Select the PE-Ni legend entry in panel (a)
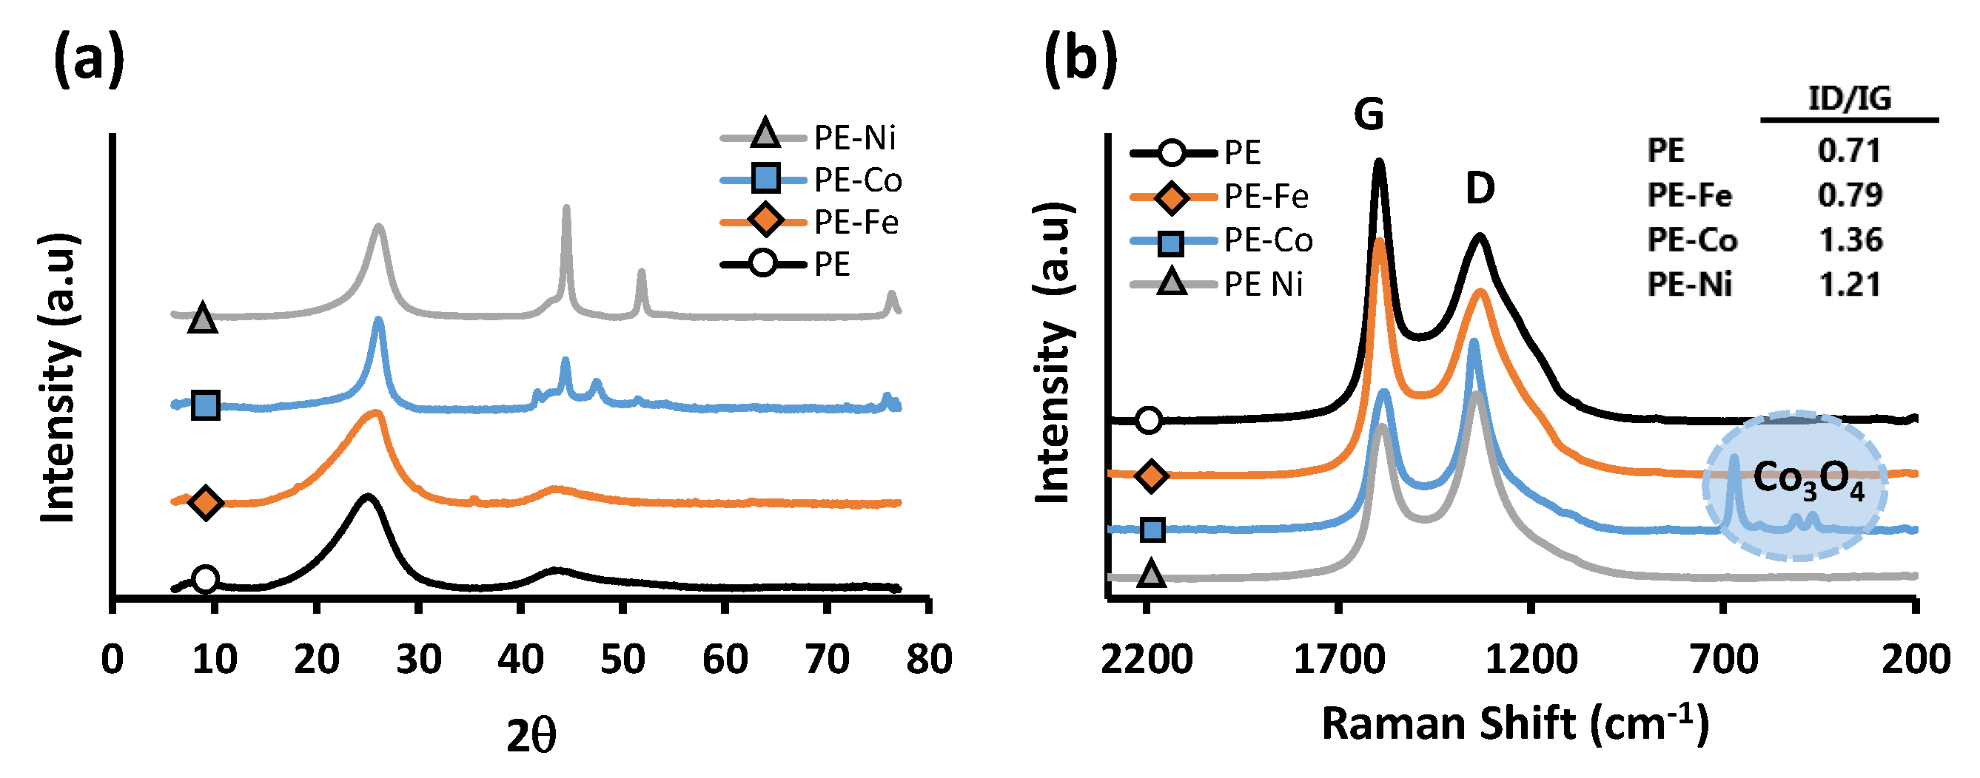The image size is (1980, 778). point(811,138)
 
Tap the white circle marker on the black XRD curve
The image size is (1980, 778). point(204,578)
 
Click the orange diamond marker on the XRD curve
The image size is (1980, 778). point(205,502)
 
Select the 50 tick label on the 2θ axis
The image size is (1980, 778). point(622,660)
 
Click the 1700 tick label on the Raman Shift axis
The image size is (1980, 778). point(1339,660)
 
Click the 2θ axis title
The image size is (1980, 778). point(531,737)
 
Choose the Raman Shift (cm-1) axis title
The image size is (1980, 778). point(1514,724)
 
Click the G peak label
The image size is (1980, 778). point(1369,115)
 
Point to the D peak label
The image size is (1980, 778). point(1480,188)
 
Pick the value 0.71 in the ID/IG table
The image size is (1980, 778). point(1848,151)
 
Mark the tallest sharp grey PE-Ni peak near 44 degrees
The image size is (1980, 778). point(566,209)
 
